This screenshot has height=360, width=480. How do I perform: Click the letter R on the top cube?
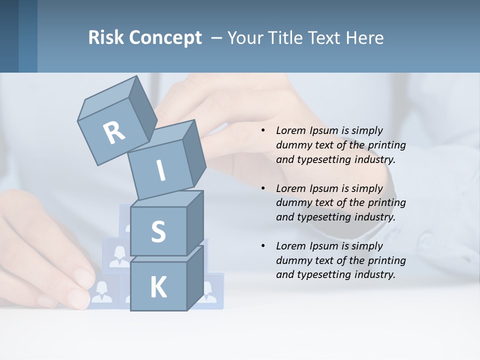[114, 132]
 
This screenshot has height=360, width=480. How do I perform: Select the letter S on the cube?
[158, 231]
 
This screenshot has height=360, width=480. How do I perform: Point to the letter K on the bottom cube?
[158, 287]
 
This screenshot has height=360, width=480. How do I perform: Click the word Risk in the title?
[105, 37]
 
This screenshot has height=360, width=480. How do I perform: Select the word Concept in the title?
[165, 38]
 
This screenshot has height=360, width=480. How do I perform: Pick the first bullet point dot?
[263, 130]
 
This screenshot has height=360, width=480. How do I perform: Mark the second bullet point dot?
[263, 188]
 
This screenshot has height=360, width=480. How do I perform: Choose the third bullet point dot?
[263, 246]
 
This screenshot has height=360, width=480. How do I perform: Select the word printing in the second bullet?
[386, 203]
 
